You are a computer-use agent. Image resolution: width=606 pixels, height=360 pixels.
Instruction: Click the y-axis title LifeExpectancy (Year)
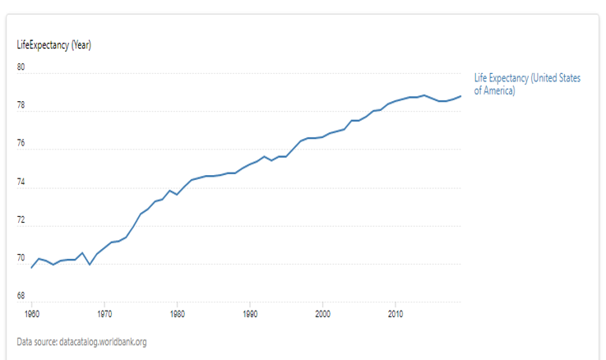(53, 45)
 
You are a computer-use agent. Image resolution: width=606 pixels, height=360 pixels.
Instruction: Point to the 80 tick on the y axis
(21, 67)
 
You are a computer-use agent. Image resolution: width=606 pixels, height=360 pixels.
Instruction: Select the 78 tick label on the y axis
(21, 106)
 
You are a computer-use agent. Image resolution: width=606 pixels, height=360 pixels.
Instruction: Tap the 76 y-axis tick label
(21, 144)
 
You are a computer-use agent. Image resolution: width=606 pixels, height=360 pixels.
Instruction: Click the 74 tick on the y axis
(21, 182)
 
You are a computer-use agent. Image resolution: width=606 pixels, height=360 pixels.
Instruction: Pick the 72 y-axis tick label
(21, 220)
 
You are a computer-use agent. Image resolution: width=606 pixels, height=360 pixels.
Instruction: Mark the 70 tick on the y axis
(21, 258)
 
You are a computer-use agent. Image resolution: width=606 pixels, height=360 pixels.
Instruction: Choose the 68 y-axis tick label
(21, 296)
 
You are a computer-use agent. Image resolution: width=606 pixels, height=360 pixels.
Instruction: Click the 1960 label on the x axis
(32, 314)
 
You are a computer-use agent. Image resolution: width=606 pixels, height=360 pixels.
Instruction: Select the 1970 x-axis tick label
(104, 314)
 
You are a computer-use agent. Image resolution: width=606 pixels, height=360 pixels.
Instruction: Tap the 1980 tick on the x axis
(177, 314)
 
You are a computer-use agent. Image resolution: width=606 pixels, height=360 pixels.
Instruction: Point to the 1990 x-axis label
(250, 314)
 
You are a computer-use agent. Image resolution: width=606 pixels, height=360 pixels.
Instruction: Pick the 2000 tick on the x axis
(322, 314)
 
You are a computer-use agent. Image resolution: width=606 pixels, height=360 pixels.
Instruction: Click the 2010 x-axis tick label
(396, 314)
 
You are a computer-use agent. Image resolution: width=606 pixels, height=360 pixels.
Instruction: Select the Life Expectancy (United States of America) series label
(527, 84)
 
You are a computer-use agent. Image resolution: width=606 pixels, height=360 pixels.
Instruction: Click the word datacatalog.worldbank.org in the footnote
(103, 342)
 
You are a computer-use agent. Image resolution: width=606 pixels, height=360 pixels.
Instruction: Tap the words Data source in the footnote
(36, 342)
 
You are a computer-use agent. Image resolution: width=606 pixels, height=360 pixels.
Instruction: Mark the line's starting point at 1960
(32, 268)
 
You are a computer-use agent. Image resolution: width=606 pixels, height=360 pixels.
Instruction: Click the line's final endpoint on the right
(460, 96)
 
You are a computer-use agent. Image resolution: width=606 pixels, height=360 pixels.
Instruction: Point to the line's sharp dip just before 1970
(90, 265)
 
